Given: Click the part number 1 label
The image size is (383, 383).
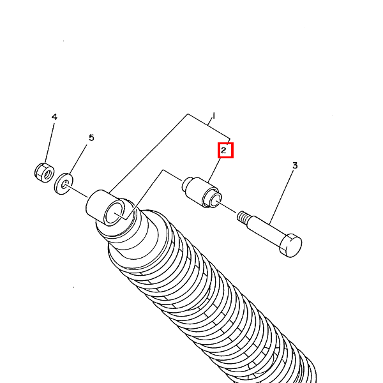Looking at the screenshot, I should click(x=213, y=116).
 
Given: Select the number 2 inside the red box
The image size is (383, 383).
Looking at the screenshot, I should click(x=224, y=151).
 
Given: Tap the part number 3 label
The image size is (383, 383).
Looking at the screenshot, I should click(x=295, y=165).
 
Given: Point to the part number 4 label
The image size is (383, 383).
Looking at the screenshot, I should click(x=54, y=117).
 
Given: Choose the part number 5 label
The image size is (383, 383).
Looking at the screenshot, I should click(x=91, y=137).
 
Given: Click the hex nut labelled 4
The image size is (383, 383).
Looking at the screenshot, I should click(x=42, y=170).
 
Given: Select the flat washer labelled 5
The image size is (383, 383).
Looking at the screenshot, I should click(x=64, y=183).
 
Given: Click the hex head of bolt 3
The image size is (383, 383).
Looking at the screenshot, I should click(x=291, y=245).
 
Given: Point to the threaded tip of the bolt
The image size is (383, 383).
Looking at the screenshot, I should click(x=243, y=217).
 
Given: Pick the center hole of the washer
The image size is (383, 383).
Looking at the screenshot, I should click(x=64, y=184).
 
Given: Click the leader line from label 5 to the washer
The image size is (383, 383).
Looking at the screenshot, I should click(x=79, y=159).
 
